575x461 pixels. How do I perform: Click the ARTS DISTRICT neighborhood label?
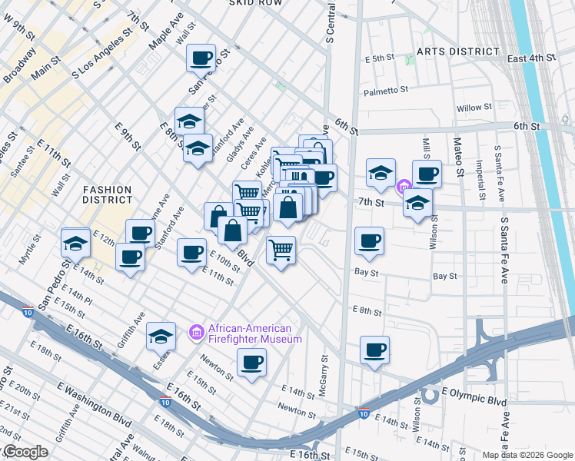[457, 51]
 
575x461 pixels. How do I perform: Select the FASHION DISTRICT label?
[108, 194]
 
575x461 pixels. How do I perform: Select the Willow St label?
[474, 108]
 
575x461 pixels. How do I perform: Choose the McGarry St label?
[324, 368]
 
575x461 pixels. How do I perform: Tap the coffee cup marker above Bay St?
[369, 240]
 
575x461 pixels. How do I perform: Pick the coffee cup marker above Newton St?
[251, 362]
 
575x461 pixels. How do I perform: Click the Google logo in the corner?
[25, 453]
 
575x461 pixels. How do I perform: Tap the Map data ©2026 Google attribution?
[527, 455]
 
